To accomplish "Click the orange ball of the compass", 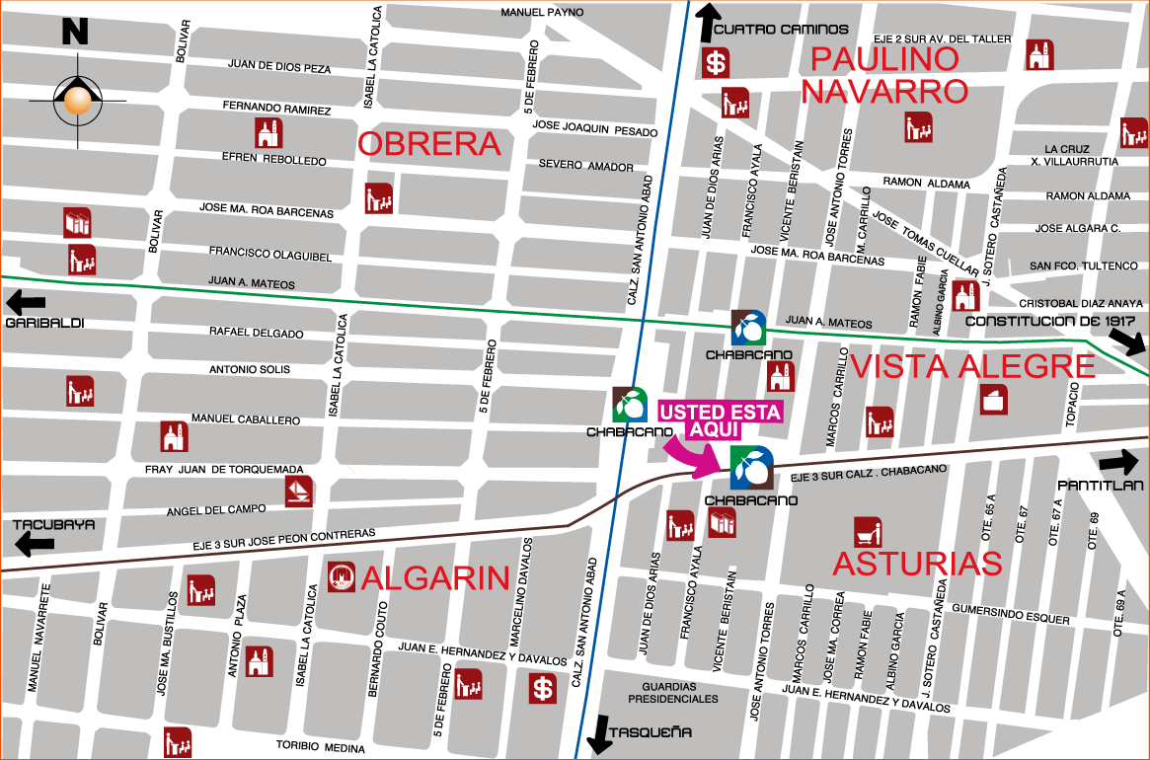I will coord(77,100).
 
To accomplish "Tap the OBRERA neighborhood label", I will coord(429,144).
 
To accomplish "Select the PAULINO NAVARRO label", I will coord(884,75).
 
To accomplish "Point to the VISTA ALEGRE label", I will coord(972,367).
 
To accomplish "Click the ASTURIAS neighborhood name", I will coord(918,564).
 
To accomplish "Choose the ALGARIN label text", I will coord(435,578).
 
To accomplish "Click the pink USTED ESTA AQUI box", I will coord(720,419).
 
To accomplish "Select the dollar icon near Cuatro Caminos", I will coord(716,64).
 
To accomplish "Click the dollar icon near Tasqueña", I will coord(542,688).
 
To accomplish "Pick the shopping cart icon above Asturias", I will coord(868,532).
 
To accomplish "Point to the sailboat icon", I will coord(298,491).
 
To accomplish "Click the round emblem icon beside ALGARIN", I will coord(341,577).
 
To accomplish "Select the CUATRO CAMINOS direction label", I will coord(780,30).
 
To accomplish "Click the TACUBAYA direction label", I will coord(53,524).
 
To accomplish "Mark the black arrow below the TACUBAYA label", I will coord(35,545).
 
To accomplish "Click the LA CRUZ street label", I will coord(1066,149).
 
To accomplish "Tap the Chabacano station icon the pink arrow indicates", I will coord(752,468).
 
